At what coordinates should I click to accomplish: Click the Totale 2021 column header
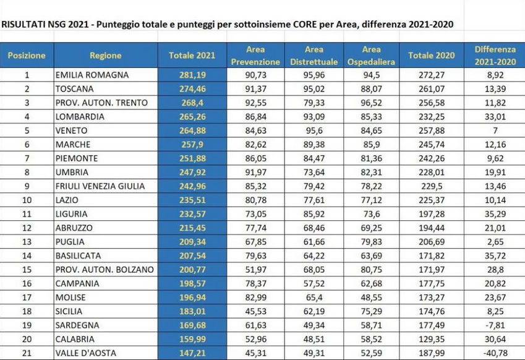click(x=192, y=56)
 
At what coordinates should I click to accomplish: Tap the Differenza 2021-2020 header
click(x=495, y=56)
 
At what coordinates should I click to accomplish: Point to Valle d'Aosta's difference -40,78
click(x=495, y=353)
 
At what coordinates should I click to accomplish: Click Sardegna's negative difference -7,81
click(x=495, y=325)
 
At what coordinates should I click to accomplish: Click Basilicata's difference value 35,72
click(x=495, y=256)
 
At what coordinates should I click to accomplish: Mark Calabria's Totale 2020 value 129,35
click(x=431, y=340)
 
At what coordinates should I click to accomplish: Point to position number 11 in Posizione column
click(x=27, y=214)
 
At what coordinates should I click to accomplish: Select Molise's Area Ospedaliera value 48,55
click(x=371, y=298)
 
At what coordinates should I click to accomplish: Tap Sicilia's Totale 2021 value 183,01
click(x=192, y=312)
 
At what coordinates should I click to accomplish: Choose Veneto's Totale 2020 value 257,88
click(x=431, y=131)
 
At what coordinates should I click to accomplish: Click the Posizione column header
click(x=27, y=56)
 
